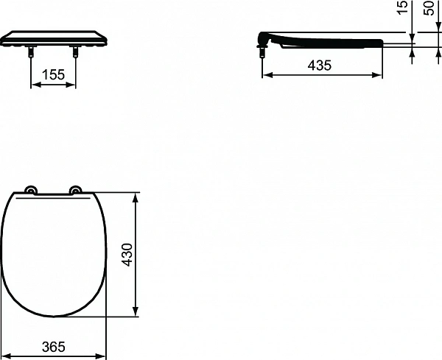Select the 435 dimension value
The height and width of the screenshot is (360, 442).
click(x=320, y=65)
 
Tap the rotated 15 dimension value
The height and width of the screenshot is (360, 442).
click(x=402, y=7)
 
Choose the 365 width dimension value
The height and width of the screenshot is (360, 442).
click(x=54, y=346)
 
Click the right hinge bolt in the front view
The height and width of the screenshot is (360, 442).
click(x=75, y=52)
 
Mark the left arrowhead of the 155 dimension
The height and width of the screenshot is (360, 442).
click(x=33, y=85)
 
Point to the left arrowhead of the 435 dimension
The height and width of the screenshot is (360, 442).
click(x=266, y=75)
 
